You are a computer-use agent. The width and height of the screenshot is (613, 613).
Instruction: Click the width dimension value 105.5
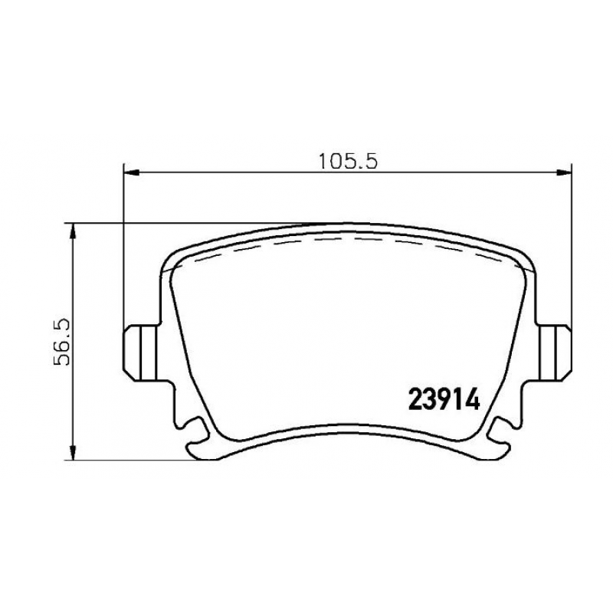coord(349,161)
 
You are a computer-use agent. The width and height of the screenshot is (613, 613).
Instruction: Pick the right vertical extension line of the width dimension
coord(572,245)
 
